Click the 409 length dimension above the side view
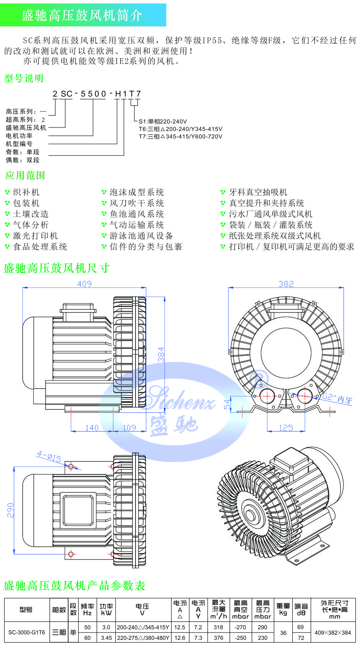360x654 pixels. coord(84,284)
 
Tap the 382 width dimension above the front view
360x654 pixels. coord(286,284)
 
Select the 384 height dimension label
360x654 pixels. coord(161,355)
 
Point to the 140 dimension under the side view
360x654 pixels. coord(92,427)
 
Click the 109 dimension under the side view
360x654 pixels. coord(129,427)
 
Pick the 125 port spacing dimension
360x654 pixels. coord(286,427)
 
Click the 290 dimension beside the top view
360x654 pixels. coord(10,510)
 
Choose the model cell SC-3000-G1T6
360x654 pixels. coord(26,632)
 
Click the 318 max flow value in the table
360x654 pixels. coord(218,627)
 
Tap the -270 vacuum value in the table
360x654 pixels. coord(240,627)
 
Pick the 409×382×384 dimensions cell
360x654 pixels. coord(332,633)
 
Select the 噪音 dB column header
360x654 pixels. coord(301,609)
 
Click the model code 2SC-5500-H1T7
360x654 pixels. coord(97,94)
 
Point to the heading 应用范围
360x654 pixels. coord(25,175)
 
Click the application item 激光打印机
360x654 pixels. coord(35,236)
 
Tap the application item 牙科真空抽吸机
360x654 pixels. coord(258,192)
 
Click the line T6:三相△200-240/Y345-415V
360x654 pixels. coord(180,129)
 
